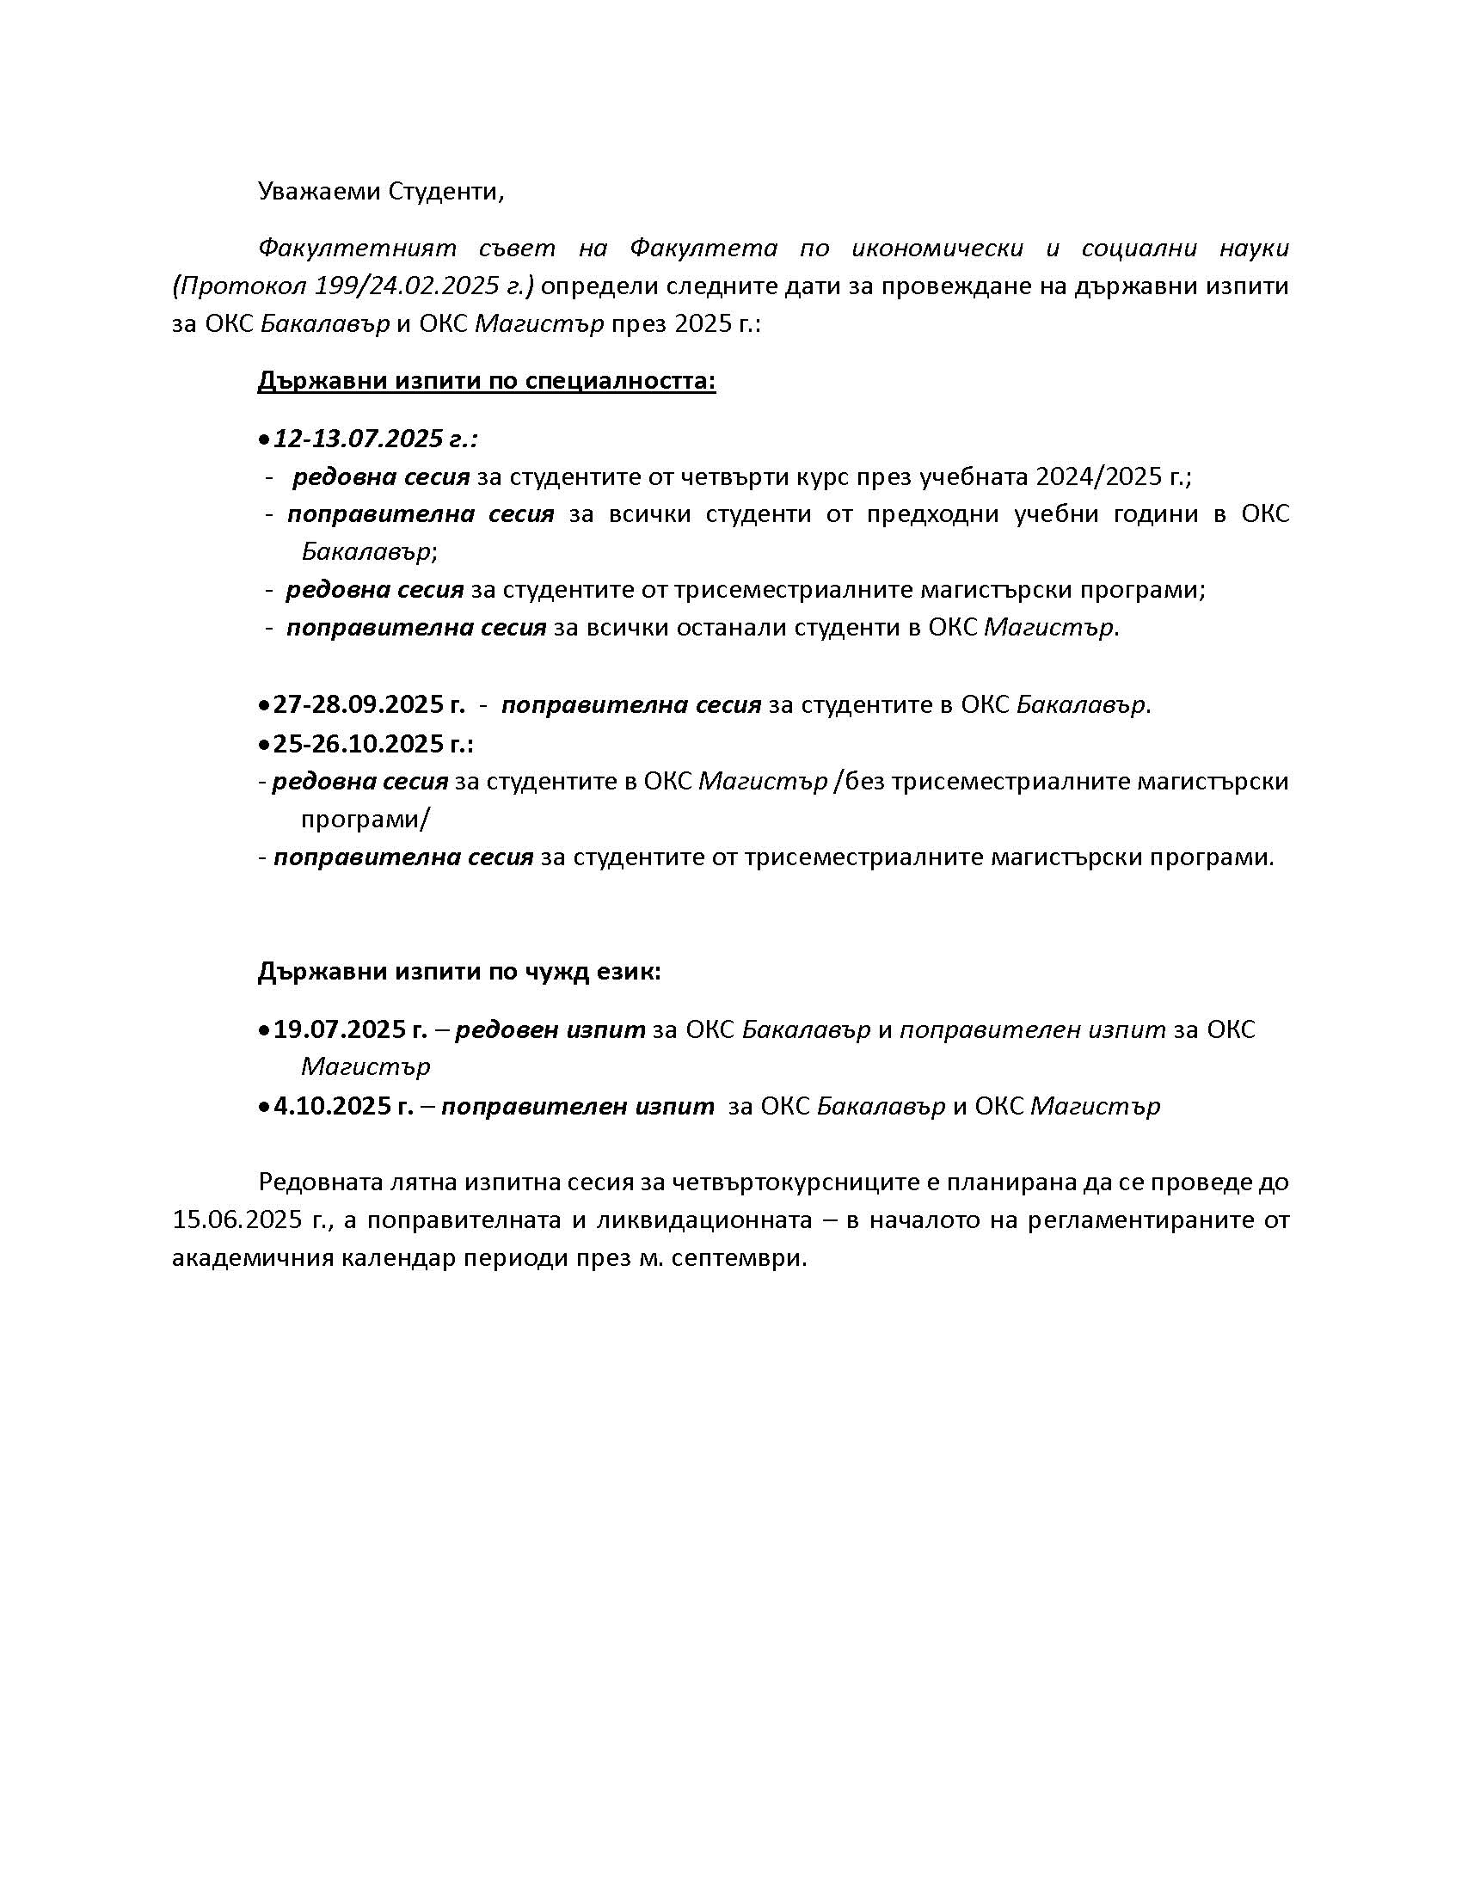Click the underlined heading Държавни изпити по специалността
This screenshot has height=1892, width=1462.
coord(486,381)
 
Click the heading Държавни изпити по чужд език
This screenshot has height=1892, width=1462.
coord(459,972)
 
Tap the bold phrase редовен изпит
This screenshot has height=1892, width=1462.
coord(550,1029)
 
